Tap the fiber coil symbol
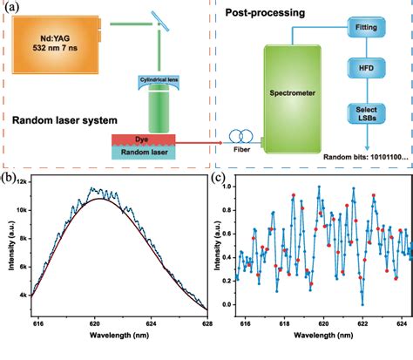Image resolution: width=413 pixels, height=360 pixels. [241, 138]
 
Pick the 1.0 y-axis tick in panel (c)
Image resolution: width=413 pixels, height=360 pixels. [227, 186]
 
